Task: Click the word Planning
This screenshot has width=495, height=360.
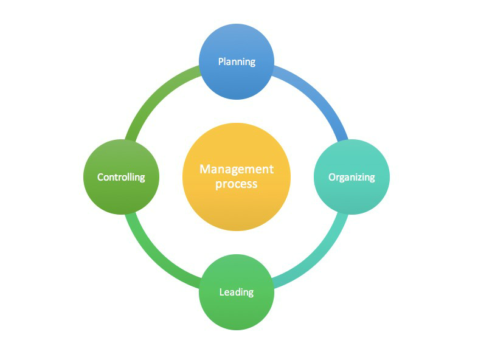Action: [x=237, y=61]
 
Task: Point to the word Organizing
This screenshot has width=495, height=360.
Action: [x=351, y=177]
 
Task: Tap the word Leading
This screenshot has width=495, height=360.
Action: [x=237, y=292]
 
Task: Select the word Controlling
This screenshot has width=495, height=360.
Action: [x=121, y=177]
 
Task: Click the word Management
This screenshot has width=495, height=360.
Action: [x=237, y=169]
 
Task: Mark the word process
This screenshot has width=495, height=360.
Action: [x=237, y=184]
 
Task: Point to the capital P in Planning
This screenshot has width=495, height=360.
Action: [x=221, y=61]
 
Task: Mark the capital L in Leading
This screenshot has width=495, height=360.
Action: [x=222, y=292]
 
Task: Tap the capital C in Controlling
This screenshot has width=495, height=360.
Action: [x=100, y=177]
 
